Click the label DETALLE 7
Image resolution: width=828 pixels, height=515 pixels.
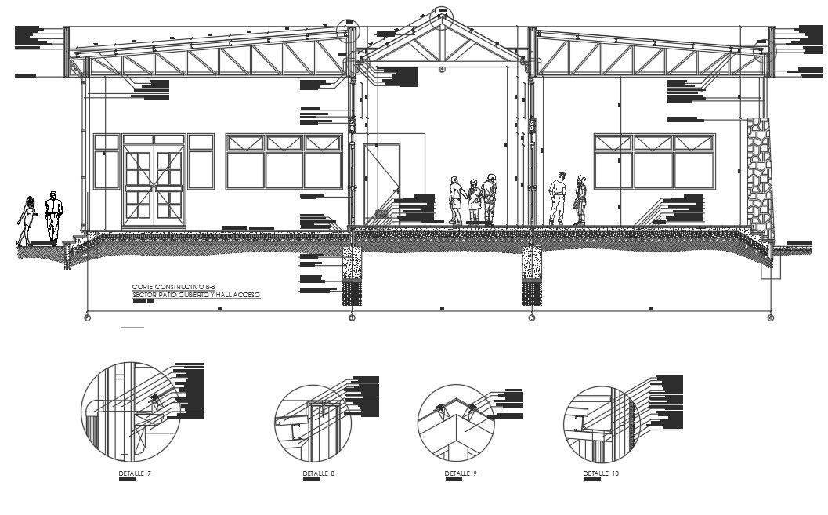pos(135,474)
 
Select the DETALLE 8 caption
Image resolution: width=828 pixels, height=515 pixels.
pos(319,474)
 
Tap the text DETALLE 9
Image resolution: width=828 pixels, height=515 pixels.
pos(461,474)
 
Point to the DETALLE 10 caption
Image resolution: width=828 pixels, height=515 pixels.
pos(601,474)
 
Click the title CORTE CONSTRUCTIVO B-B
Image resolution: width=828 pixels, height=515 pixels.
pos(168,288)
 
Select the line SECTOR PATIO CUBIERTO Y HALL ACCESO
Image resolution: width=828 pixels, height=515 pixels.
pos(195,296)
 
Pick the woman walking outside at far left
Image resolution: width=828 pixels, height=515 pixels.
pos(27,220)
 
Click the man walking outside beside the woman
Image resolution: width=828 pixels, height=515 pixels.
pos(52,217)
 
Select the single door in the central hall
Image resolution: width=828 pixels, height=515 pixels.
pos(382,183)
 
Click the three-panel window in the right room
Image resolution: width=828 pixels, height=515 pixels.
pos(653,161)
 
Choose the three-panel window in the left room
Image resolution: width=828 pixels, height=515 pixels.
pos(284,161)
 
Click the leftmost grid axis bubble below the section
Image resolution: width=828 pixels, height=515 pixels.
pos(87,318)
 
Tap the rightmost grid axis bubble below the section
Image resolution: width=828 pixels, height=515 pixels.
pos(770,318)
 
